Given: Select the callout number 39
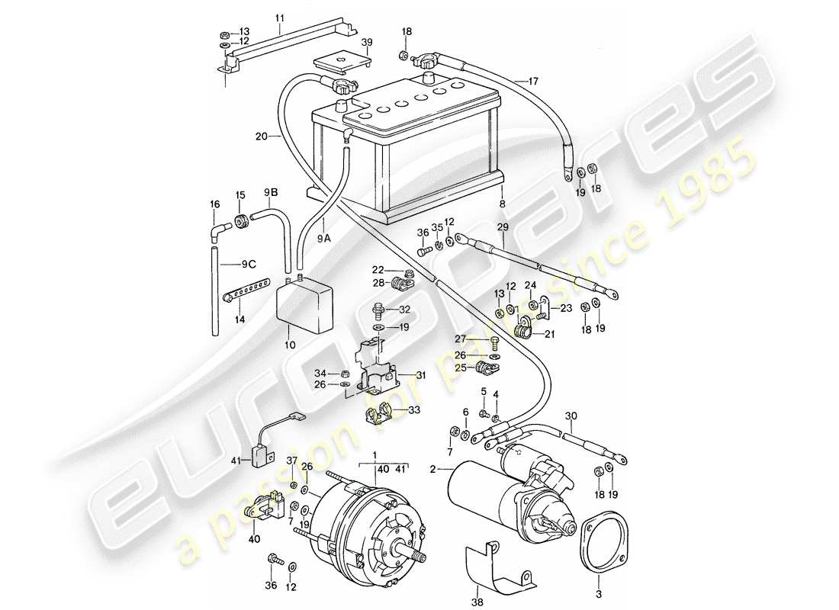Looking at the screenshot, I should point(367,42).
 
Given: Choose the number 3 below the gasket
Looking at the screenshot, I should point(598,590).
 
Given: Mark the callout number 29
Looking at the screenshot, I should point(503,227).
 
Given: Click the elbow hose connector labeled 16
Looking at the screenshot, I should point(218,230).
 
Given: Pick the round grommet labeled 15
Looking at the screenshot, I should point(241,222).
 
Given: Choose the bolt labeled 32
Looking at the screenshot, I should point(378,310).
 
